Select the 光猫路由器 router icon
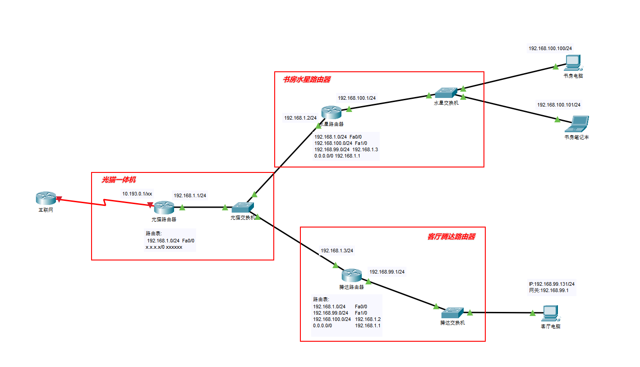[x=164, y=208]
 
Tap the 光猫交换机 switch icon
[x=243, y=208]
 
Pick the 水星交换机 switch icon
[x=446, y=93]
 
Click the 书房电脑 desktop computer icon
[x=573, y=62]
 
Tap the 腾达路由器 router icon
[x=351, y=275]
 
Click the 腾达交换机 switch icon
[x=452, y=312]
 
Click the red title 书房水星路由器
[x=306, y=80]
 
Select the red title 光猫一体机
[x=118, y=180]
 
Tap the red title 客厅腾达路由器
[x=451, y=237]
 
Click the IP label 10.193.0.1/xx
[x=137, y=194]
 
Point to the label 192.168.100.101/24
[x=558, y=105]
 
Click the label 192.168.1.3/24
[x=336, y=251]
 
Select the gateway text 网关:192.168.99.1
[x=548, y=291]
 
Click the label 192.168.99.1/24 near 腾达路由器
[x=387, y=272]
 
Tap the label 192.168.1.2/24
[x=300, y=118]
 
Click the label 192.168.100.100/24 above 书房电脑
[x=550, y=48]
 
